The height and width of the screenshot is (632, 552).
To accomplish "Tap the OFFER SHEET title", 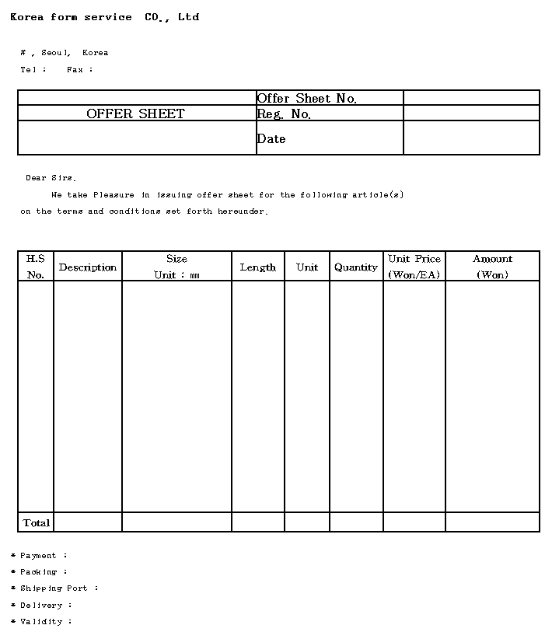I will click(x=135, y=113).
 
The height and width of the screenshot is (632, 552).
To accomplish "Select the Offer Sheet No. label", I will click(x=306, y=98).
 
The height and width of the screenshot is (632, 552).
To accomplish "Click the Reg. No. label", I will click(x=284, y=114).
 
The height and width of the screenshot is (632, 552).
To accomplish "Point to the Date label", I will click(x=271, y=138).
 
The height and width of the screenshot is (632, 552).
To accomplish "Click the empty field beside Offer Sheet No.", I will click(x=471, y=98).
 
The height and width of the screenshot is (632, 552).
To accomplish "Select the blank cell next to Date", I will click(x=471, y=138).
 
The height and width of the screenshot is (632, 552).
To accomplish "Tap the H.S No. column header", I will click(x=36, y=267).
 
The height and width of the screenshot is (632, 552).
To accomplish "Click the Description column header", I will click(x=88, y=267).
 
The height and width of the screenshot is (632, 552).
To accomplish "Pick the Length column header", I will click(x=257, y=267).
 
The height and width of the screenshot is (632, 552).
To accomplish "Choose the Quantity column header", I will click(x=355, y=267).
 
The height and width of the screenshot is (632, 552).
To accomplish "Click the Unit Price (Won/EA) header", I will click(x=414, y=267).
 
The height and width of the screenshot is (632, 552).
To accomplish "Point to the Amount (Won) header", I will click(x=492, y=267).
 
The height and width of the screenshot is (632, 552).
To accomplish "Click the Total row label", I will click(x=37, y=522).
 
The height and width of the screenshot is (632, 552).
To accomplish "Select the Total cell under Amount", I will click(x=492, y=522).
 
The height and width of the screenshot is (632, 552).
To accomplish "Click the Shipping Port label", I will click(x=55, y=588).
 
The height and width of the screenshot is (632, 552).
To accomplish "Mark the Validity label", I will click(x=43, y=622).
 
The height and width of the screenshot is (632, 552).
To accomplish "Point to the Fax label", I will click(x=79, y=70).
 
